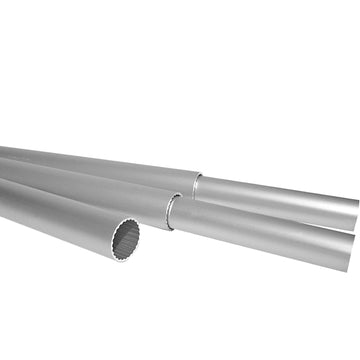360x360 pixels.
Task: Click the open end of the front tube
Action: (x=132, y=238)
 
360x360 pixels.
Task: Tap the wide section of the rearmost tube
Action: (x=100, y=166)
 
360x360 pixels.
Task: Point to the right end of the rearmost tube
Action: (x=355, y=212)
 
